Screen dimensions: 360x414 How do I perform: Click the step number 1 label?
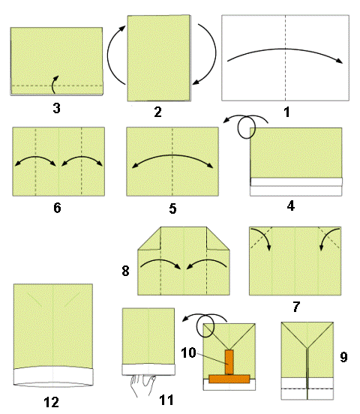[286, 112]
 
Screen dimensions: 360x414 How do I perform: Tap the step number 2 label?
[158, 112]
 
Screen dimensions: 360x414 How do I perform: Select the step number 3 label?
[56, 108]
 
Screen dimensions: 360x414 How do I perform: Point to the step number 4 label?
[291, 205]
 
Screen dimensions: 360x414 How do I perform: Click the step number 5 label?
[172, 208]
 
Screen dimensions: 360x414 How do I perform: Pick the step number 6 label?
[57, 208]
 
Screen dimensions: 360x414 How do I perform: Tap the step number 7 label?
[296, 307]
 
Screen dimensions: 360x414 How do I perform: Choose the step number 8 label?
[125, 271]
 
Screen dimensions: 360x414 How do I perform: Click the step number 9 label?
[343, 357]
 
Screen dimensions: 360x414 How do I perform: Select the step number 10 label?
[188, 352]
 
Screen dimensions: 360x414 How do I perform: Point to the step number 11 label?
[166, 400]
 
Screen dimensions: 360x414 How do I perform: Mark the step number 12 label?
[51, 403]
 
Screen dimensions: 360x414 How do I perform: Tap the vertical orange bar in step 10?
[229, 362]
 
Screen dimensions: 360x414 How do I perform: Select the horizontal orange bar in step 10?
[229, 379]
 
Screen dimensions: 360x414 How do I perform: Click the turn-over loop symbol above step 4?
[246, 127]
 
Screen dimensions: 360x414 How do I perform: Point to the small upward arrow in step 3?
[55, 85]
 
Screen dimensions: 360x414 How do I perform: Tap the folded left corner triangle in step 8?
[149, 238]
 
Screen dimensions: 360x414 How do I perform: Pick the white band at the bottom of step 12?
[53, 376]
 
